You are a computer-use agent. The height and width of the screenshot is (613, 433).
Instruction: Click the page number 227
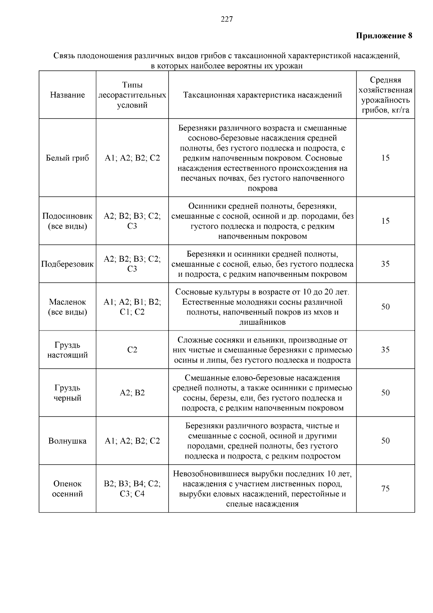(x=227, y=20)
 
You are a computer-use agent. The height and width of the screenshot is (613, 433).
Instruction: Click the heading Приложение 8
(x=384, y=36)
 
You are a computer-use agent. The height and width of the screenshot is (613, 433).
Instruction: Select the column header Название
(x=67, y=95)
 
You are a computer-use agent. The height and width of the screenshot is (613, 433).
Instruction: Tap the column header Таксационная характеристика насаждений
(x=262, y=95)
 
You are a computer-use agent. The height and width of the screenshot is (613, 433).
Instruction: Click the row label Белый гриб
(x=67, y=158)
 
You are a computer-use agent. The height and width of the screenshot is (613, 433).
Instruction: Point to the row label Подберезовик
(x=67, y=264)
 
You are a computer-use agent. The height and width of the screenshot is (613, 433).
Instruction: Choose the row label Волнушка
(x=67, y=441)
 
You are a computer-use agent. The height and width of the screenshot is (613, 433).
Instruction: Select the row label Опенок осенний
(x=67, y=488)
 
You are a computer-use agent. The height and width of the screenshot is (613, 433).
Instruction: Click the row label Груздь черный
(x=67, y=393)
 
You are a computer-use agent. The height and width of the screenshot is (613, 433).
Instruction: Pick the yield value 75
(x=385, y=488)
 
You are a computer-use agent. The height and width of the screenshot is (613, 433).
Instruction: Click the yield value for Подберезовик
(x=385, y=264)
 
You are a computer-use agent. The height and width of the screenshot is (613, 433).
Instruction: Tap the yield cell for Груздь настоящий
(x=385, y=350)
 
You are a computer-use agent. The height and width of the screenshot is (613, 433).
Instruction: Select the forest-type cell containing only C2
(x=132, y=350)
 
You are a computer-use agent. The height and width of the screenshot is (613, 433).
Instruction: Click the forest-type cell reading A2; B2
(x=132, y=393)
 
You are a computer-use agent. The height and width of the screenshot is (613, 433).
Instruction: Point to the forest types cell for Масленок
(x=132, y=307)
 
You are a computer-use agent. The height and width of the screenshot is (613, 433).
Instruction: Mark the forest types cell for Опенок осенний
(x=132, y=488)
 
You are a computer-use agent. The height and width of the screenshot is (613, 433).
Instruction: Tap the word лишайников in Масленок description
(x=262, y=322)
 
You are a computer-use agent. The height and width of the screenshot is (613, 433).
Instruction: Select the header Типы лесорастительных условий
(x=132, y=95)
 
